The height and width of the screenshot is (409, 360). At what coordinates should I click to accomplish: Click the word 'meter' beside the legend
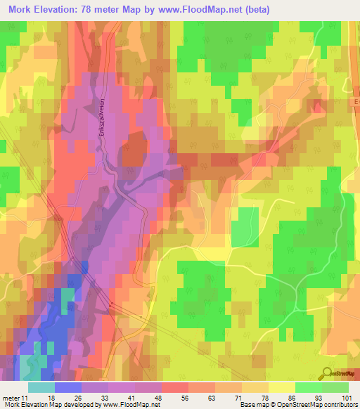(11, 397)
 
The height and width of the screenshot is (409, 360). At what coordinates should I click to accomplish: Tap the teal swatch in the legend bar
(41, 387)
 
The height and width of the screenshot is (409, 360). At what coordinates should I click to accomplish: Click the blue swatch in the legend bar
(67, 387)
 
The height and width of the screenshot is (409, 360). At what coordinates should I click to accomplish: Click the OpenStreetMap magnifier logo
(326, 374)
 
